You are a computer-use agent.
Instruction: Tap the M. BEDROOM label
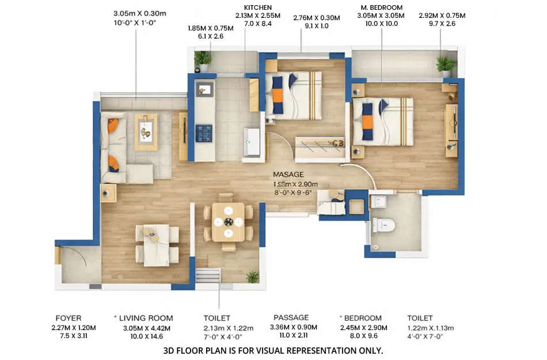click(382, 7)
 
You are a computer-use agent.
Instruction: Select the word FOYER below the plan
click(69, 317)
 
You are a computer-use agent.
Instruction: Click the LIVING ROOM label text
click(146, 318)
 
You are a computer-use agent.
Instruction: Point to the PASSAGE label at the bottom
click(291, 317)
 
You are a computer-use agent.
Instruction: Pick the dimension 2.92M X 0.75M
click(442, 16)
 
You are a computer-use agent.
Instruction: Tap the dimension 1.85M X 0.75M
click(210, 28)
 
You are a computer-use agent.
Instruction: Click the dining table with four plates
click(229, 221)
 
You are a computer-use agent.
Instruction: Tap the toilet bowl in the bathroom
click(382, 224)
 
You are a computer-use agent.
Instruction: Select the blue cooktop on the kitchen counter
click(204, 132)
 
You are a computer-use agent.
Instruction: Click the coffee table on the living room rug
click(146, 131)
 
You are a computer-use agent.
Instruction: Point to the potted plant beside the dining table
click(252, 276)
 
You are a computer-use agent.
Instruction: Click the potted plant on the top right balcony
click(445, 65)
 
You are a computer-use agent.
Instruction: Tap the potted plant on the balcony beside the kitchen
click(202, 59)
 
